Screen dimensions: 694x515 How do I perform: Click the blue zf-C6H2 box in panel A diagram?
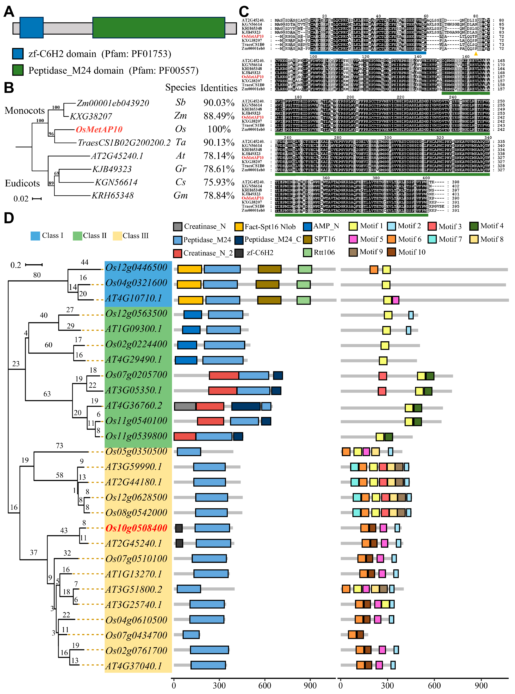pyautogui.click(x=32, y=28)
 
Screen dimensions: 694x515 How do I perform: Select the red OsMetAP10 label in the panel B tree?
pyautogui.click(x=99, y=129)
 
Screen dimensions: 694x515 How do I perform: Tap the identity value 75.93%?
pyautogui.click(x=219, y=182)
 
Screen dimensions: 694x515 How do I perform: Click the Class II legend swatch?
pyautogui.click(x=77, y=236)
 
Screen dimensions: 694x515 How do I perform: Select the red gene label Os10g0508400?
pyautogui.click(x=136, y=528)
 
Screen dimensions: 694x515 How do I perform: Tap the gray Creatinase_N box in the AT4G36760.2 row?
pyautogui.click(x=185, y=406)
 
